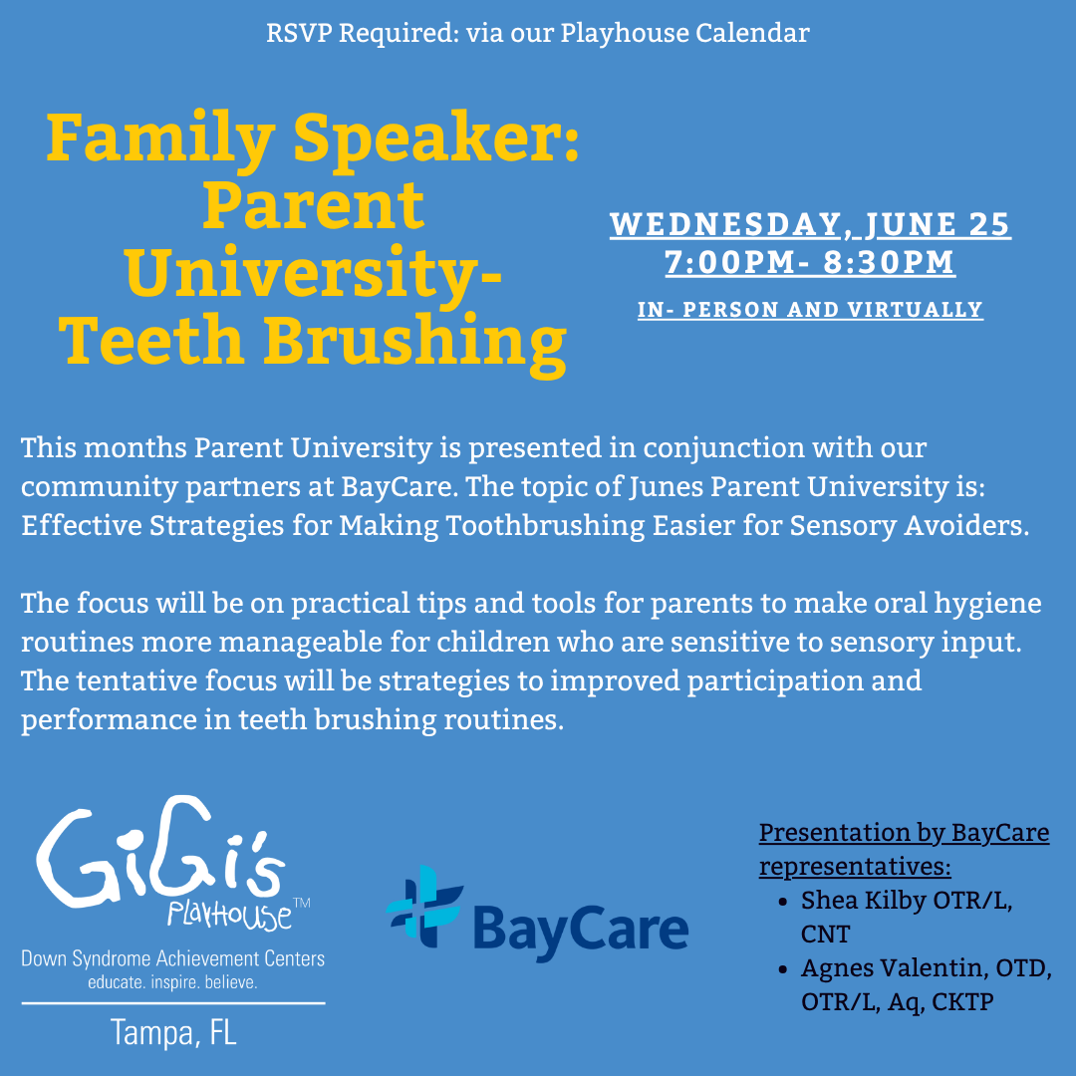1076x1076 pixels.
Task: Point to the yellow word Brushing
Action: click(x=415, y=343)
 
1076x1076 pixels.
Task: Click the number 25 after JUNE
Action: click(x=989, y=224)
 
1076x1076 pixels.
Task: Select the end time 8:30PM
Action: click(x=890, y=263)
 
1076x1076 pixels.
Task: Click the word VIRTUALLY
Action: click(x=916, y=310)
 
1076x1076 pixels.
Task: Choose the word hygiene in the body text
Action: click(x=987, y=605)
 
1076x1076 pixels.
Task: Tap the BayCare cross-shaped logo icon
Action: click(x=423, y=907)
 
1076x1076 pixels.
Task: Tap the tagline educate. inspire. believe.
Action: click(x=173, y=982)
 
